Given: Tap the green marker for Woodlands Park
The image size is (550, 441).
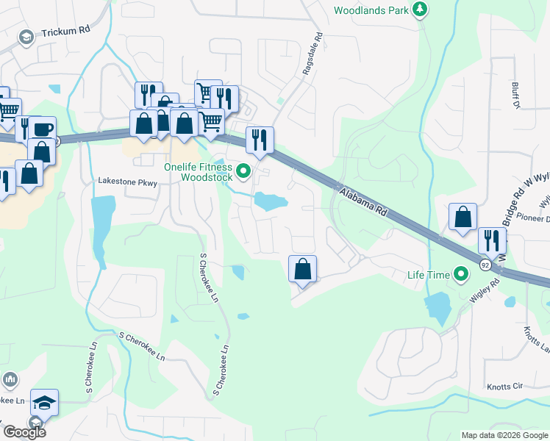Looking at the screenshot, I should click(x=420, y=10).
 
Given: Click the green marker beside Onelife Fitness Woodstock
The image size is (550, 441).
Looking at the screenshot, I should click(x=245, y=173).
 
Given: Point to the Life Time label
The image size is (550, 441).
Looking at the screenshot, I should click(x=429, y=275).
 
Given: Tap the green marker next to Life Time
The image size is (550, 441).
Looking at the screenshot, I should click(x=461, y=275).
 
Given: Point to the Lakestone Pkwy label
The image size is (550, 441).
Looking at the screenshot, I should click(x=128, y=182).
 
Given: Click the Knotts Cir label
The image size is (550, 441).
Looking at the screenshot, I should click(x=504, y=386).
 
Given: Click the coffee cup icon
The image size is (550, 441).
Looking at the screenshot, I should click(x=42, y=129).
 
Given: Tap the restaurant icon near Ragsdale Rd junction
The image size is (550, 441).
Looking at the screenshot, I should click(x=260, y=139).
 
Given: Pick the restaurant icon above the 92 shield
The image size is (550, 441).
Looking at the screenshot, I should click(x=492, y=240).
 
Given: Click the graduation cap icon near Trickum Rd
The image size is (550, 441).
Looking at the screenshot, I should click(x=26, y=37).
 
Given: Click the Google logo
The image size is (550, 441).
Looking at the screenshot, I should click(x=24, y=432).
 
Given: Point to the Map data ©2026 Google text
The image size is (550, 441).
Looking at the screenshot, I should click(x=504, y=435).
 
